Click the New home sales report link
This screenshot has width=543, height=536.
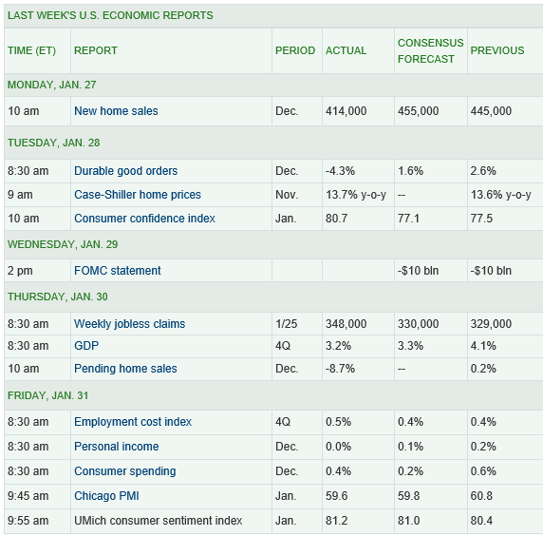tap(116, 111)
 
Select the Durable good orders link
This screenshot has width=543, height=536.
tap(125, 171)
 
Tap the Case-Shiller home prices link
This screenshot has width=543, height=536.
tap(138, 195)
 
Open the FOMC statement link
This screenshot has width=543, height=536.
tap(118, 271)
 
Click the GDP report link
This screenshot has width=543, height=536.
tap(86, 346)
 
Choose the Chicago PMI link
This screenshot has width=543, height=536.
tap(106, 496)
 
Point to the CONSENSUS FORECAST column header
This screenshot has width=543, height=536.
tap(430, 51)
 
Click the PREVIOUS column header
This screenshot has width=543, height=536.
tap(497, 50)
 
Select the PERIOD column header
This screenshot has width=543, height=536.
tap(295, 50)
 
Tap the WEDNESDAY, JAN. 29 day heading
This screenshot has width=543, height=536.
tap(63, 244)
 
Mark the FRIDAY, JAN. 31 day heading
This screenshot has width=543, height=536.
tap(48, 395)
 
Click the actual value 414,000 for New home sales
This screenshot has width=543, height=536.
tap(346, 111)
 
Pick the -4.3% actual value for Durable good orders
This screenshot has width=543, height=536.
tap(340, 171)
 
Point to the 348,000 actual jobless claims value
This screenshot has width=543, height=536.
tap(346, 324)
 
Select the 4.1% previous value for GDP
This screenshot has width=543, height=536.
tap(483, 346)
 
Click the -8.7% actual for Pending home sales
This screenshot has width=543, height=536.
tap(340, 368)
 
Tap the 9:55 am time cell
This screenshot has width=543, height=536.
tap(28, 521)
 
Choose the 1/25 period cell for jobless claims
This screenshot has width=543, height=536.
tap(287, 324)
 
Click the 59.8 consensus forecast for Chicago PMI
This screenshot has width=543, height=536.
tap(408, 496)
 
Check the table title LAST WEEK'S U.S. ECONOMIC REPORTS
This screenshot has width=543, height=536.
tap(110, 15)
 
